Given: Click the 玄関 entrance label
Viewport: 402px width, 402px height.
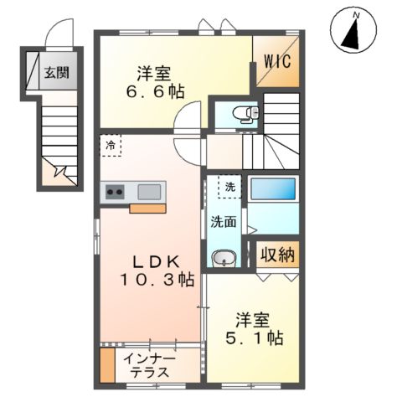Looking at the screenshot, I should (57, 72).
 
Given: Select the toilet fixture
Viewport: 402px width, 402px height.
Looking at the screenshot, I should (245, 114).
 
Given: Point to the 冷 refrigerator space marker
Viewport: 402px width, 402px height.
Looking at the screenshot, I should (111, 145).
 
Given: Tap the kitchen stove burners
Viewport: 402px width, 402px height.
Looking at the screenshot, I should (113, 192).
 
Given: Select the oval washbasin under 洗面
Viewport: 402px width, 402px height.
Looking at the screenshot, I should (224, 259).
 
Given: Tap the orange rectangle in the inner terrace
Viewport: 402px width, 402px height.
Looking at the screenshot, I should (107, 365).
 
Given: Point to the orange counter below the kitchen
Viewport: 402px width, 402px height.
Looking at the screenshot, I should (147, 209).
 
